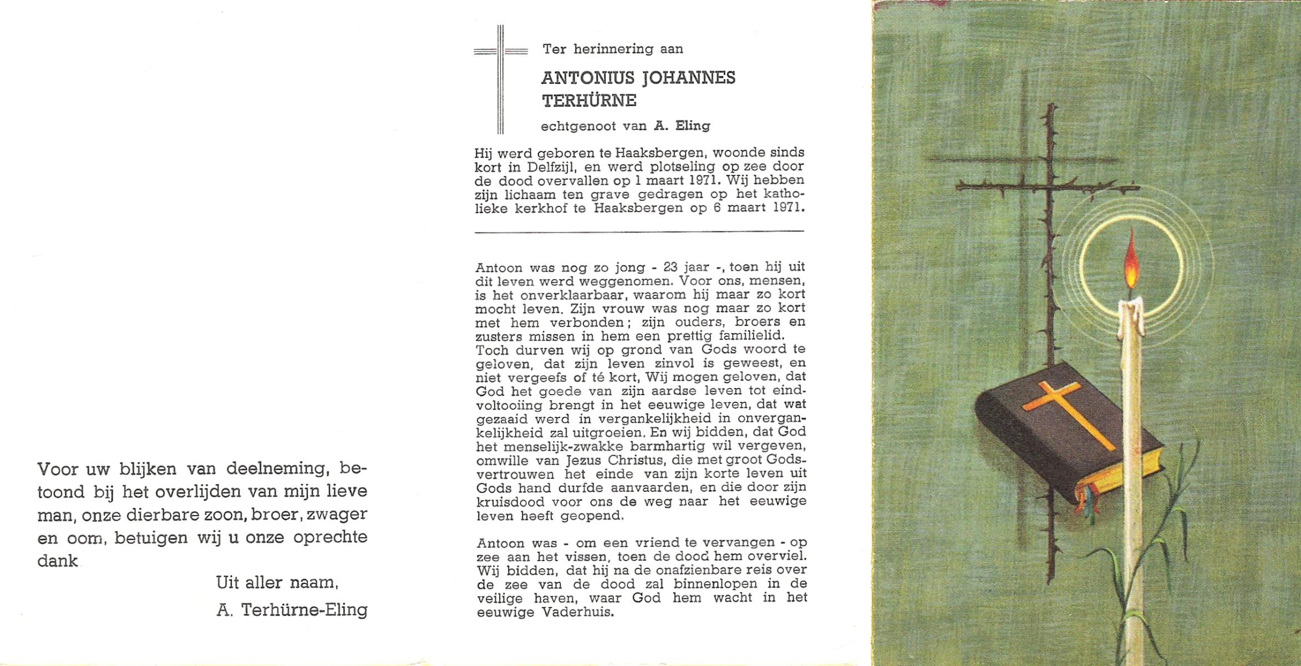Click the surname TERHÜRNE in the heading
point(589,101)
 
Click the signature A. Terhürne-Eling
point(292,610)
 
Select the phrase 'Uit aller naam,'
point(276,583)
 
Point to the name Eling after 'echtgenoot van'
point(690,126)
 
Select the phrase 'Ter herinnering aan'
point(613,49)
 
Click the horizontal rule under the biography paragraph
point(639,231)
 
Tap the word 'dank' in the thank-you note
point(57,561)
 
